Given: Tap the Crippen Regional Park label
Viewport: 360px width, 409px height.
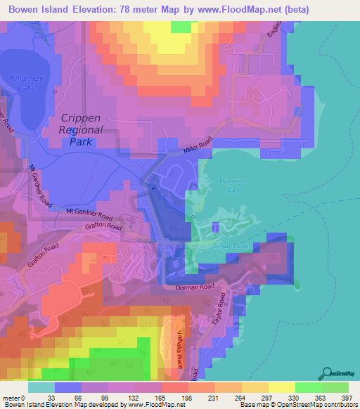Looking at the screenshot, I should pos(82,130).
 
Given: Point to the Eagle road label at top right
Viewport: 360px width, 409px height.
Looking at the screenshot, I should pos(274,32).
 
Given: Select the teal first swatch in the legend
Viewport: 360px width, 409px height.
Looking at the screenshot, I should pos(41,387).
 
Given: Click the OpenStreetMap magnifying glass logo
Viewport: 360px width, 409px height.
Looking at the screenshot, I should pos(328,372).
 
